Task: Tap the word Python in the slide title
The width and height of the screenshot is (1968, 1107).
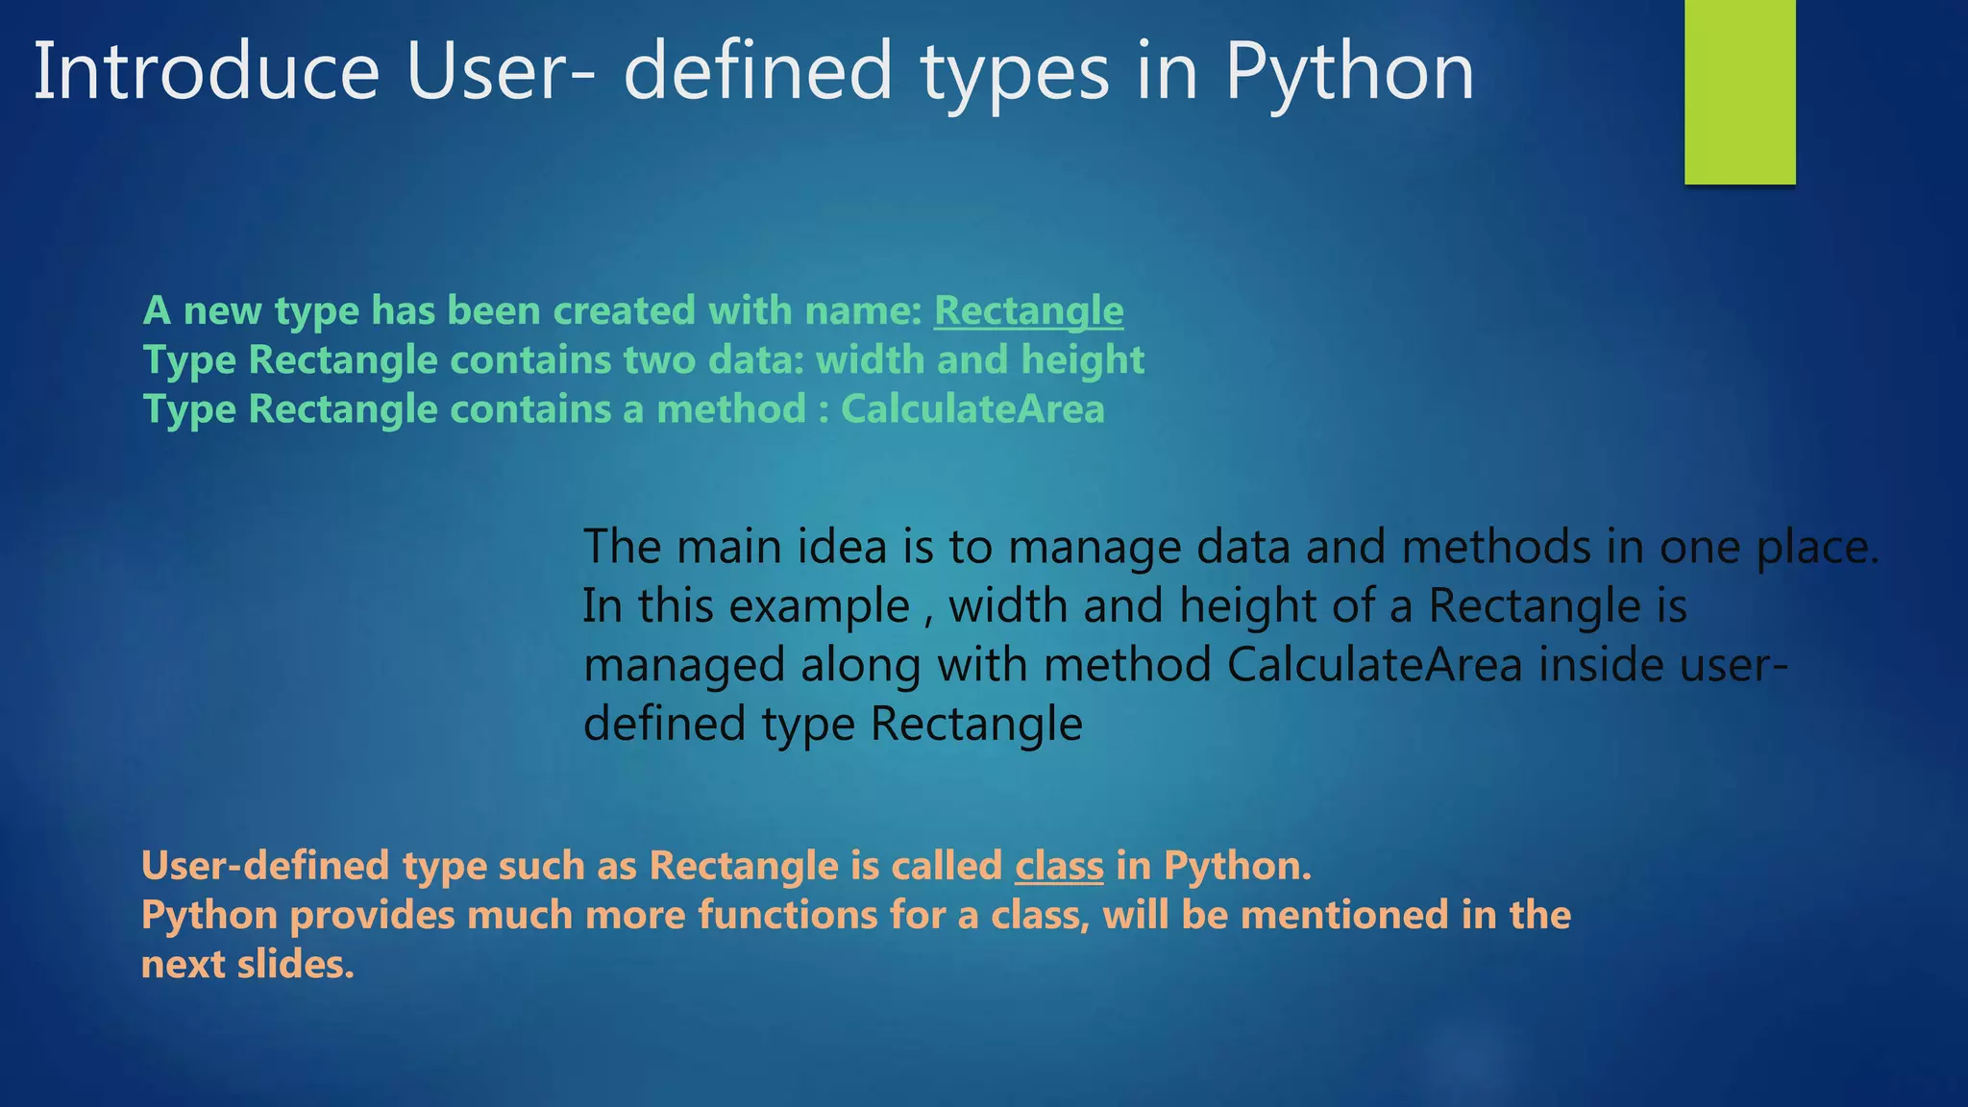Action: click(x=1349, y=73)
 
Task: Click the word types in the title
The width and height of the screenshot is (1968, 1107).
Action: click(x=1016, y=73)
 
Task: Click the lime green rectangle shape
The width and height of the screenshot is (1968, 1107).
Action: click(x=1739, y=91)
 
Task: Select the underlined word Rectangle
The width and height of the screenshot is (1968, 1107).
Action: click(x=1028, y=311)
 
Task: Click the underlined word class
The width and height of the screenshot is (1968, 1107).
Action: click(x=1059, y=867)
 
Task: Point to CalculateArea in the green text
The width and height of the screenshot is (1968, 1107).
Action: click(x=972, y=409)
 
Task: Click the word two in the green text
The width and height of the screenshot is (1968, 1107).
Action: click(x=659, y=360)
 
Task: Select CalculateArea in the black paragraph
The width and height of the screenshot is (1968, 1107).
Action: click(x=1374, y=666)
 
